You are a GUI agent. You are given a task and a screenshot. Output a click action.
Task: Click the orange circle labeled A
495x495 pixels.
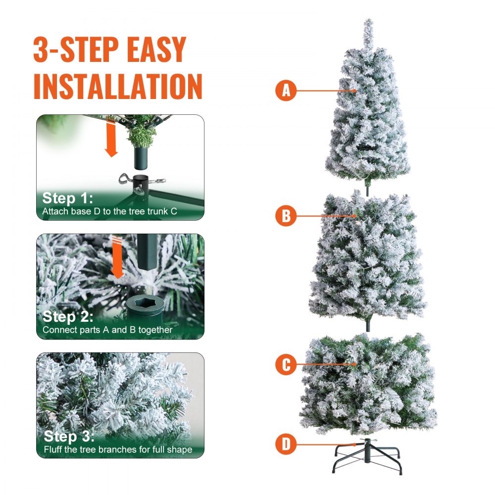[x=286, y=91]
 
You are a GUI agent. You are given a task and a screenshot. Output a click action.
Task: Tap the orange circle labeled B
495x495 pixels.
[x=286, y=216]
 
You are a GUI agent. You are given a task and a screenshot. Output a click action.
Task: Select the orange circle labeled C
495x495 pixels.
[x=286, y=365]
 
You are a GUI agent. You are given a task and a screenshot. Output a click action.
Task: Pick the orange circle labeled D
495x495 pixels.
[x=286, y=444]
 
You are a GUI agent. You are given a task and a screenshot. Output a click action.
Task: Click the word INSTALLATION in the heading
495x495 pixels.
[x=118, y=86]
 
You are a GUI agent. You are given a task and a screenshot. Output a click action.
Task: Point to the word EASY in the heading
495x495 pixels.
[x=157, y=49]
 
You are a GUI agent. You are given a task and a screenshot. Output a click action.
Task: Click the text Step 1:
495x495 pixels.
[x=68, y=198]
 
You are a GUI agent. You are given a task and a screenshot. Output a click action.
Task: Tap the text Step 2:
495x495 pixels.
[x=68, y=317]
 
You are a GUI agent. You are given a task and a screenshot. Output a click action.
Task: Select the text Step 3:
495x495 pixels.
[x=68, y=437]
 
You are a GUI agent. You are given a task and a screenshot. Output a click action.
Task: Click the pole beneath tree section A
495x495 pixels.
[x=368, y=190]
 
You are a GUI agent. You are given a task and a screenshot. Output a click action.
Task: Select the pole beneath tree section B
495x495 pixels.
[x=368, y=327]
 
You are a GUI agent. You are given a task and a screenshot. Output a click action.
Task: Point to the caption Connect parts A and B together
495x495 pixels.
[x=107, y=330]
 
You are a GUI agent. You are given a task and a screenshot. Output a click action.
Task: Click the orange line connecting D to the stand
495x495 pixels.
[x=327, y=444]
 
